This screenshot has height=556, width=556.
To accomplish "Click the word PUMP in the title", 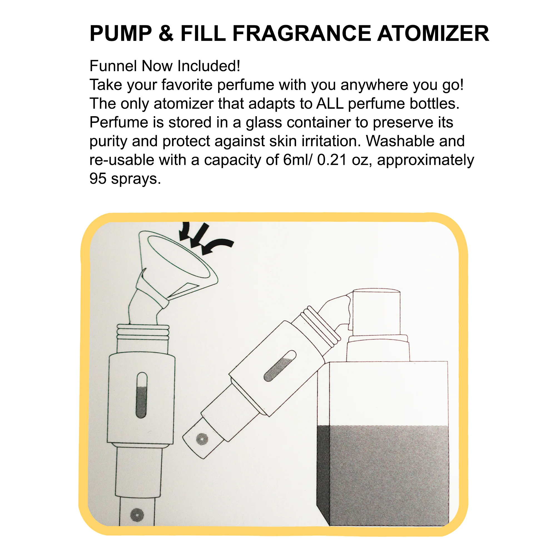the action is [121, 33].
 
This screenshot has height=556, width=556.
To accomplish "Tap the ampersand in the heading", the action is [166, 33].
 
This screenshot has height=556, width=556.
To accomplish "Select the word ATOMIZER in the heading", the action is [433, 33].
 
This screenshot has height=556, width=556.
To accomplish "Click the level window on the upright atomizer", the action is [141, 395].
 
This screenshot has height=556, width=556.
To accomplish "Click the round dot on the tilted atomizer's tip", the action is [202, 439].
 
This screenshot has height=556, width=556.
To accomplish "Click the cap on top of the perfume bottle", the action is [376, 313].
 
